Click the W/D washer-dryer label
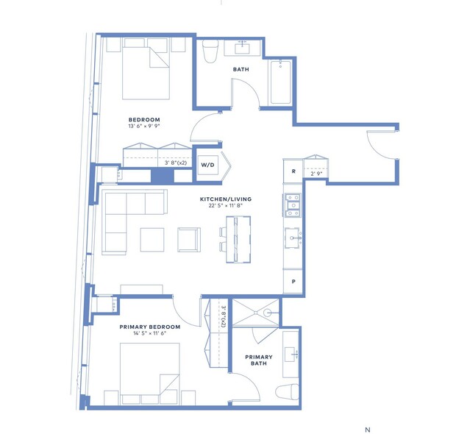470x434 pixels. pos(207,165)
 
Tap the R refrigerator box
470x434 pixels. pos(293,171)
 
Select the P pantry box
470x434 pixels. pos(293,282)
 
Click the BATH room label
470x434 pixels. pos(241,69)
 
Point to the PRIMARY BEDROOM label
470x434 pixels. pos(150,327)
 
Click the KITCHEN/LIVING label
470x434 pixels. pos(226,199)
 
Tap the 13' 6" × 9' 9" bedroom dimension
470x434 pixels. pos(144,127)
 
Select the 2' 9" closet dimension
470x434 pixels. pos(316,174)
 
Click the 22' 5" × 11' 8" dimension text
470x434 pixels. pos(225,206)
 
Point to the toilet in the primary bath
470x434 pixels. pos(287,392)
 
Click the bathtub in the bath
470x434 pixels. pos(280,82)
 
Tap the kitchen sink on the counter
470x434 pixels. pos(292,238)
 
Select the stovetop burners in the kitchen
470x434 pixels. pos(293,205)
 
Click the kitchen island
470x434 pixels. pos(238,240)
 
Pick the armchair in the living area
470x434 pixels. pos(189,240)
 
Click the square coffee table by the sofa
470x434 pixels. pos(152,240)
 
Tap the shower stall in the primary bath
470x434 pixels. pos(256,313)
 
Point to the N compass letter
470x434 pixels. pos(368,430)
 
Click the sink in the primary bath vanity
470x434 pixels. pos(291,354)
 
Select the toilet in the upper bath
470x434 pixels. pos(210,51)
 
